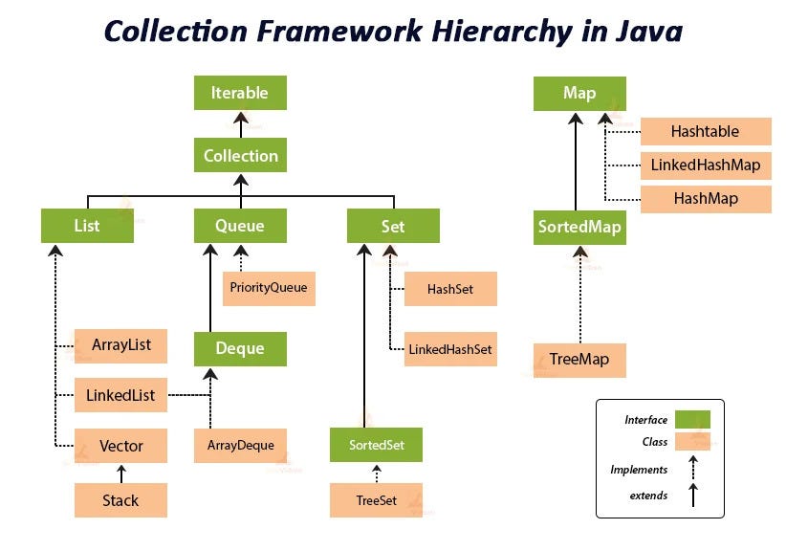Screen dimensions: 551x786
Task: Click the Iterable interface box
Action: pyautogui.click(x=240, y=94)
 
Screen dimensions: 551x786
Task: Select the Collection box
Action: pyautogui.click(x=240, y=155)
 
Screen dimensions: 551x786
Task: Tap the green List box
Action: pyautogui.click(x=87, y=227)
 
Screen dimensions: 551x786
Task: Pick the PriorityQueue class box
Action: pyautogui.click(x=269, y=287)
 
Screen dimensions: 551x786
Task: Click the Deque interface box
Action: pyautogui.click(x=240, y=348)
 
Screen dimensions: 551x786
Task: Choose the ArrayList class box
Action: pyautogui.click(x=121, y=344)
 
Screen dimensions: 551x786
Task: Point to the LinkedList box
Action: pyautogui.click(x=121, y=394)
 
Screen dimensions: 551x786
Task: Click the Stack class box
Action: pyautogui.click(x=121, y=499)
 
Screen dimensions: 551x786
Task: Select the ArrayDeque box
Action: pyautogui.click(x=240, y=445)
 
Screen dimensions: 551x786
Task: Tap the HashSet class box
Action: pyautogui.click(x=449, y=288)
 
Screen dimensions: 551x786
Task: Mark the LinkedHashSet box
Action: pyautogui.click(x=449, y=349)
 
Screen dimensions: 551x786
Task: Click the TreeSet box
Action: pyautogui.click(x=376, y=499)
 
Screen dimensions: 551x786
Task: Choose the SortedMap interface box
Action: pyautogui.click(x=579, y=227)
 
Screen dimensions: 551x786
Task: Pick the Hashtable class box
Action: pyautogui.click(x=705, y=131)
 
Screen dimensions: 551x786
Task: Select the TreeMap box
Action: pyautogui.click(x=579, y=360)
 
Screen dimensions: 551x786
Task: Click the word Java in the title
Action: pyautogui.click(x=644, y=31)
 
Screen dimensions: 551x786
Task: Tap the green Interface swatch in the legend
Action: pyautogui.click(x=692, y=420)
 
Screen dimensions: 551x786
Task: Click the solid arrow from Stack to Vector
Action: pyautogui.click(x=121, y=473)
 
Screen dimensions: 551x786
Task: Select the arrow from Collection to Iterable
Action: pyautogui.click(x=240, y=124)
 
